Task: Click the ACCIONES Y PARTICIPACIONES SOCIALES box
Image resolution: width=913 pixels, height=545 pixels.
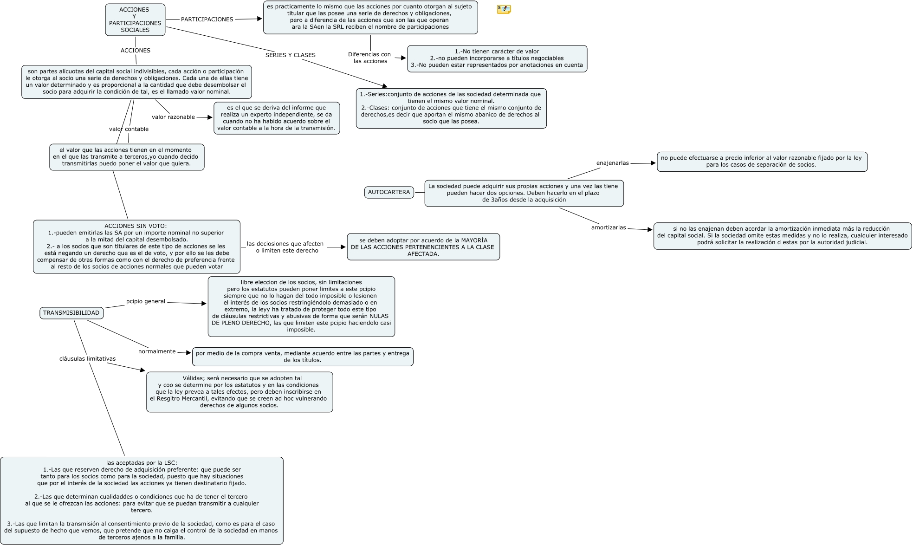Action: [135, 19]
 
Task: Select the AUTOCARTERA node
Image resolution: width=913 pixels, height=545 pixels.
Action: [389, 192]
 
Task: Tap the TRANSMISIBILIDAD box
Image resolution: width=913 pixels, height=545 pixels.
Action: [71, 313]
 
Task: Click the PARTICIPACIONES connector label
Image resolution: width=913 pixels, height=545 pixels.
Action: [207, 19]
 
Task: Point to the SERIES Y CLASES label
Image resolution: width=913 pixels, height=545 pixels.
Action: [290, 55]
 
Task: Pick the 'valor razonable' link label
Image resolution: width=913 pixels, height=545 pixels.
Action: [173, 117]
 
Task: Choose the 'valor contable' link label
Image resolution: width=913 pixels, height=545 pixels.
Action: [129, 129]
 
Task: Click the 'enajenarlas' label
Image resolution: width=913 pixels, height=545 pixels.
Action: [612, 163]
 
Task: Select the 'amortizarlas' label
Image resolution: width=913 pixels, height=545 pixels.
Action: [608, 228]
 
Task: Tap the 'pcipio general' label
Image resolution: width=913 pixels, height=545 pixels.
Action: [146, 301]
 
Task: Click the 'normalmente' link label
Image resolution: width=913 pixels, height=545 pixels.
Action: [157, 351]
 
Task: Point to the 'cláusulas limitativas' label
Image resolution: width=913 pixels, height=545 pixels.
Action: [87, 359]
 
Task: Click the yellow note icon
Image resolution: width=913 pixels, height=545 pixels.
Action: [504, 9]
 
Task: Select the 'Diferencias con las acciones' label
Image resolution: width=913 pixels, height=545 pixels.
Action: [369, 58]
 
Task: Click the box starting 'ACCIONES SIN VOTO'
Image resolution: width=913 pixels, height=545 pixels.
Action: [136, 247]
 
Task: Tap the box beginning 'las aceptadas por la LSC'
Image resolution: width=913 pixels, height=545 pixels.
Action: [142, 500]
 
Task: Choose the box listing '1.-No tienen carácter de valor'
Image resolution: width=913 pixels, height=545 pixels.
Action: [497, 58]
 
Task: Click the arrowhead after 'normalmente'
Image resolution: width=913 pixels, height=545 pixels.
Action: [188, 353]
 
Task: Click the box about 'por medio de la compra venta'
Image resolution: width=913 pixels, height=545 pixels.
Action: [302, 357]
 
